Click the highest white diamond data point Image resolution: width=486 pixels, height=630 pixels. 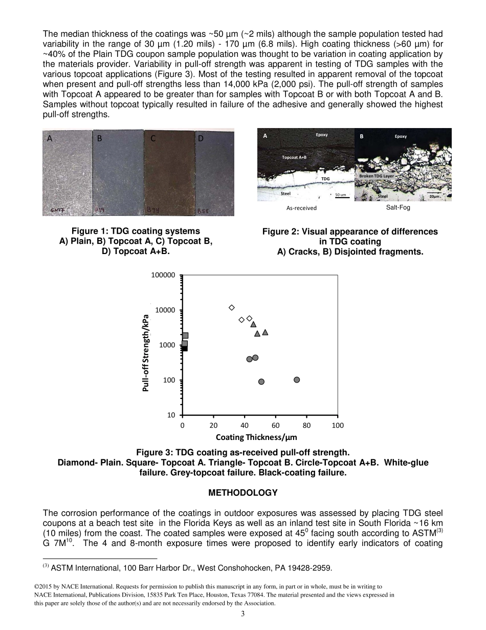(x=232, y=307)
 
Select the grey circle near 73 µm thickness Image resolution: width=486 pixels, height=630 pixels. (x=297, y=380)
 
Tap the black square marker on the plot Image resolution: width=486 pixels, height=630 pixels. (x=185, y=348)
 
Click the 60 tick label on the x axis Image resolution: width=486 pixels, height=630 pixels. (x=276, y=425)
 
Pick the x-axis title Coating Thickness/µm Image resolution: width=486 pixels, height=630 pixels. (x=256, y=437)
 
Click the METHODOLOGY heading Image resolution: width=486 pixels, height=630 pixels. (x=242, y=493)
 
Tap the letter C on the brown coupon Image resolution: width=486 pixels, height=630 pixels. (x=153, y=138)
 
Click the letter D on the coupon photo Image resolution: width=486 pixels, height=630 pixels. (x=201, y=138)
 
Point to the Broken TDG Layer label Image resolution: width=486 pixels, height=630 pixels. (x=377, y=176)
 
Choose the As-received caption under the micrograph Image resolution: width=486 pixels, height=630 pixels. (x=301, y=208)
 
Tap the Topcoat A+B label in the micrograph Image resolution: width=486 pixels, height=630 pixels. (x=294, y=157)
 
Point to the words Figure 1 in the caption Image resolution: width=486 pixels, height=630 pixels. (x=90, y=231)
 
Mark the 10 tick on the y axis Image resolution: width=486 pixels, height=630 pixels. (x=171, y=415)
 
